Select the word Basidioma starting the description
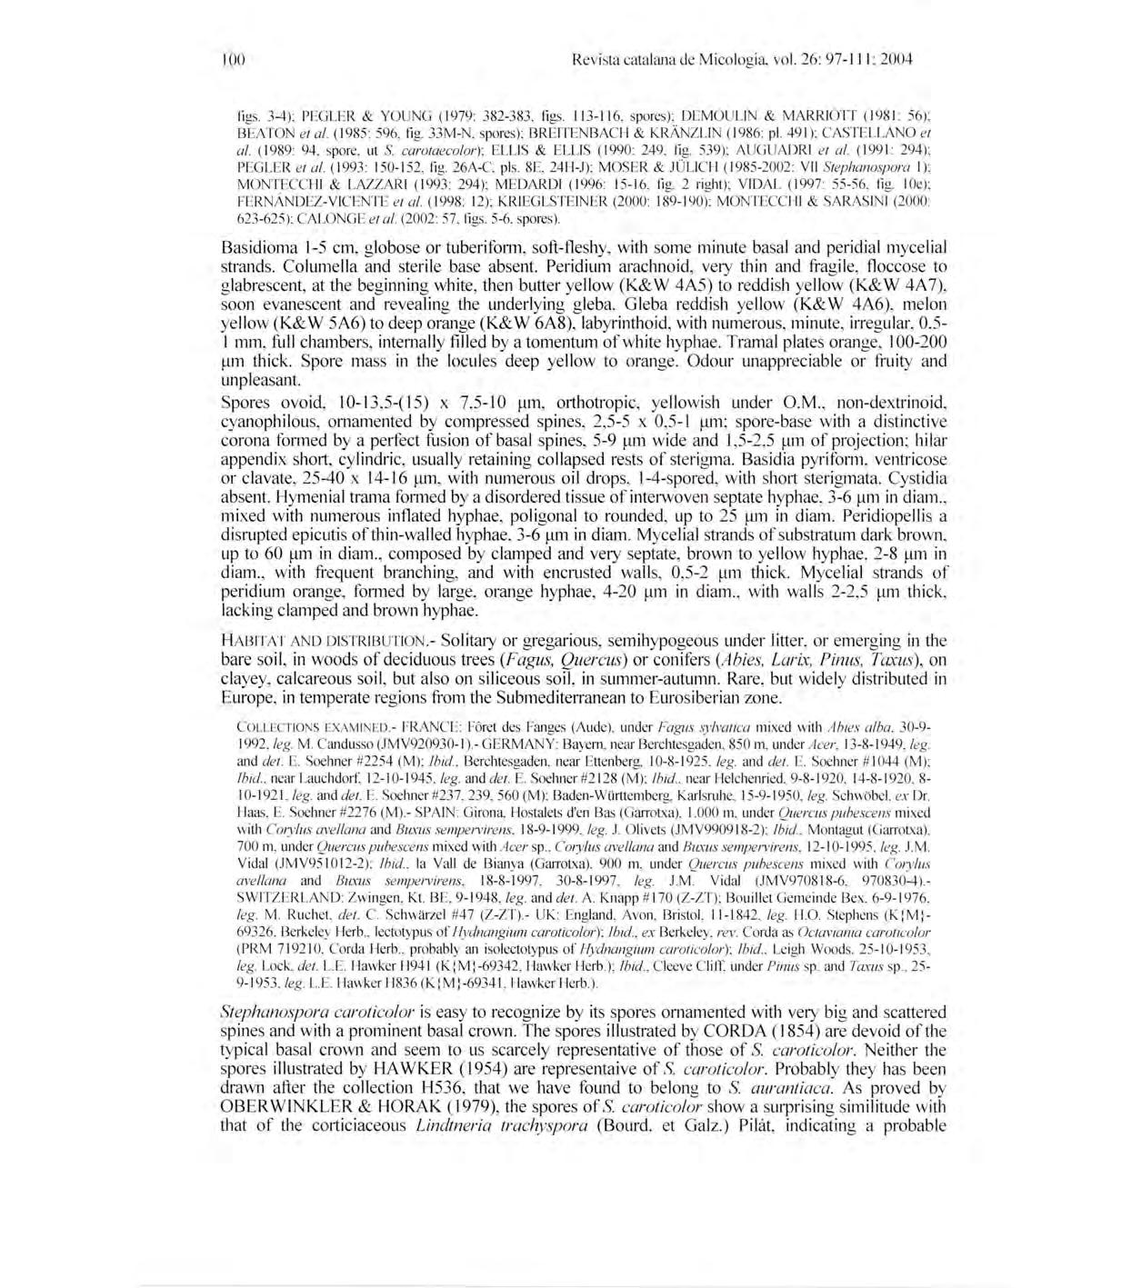point(257,247)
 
